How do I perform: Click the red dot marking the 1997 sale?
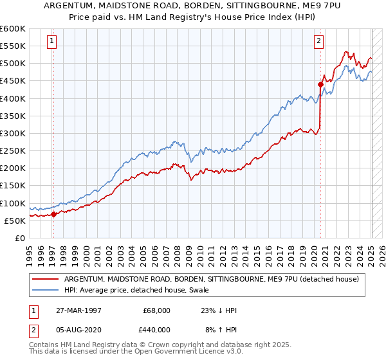(53, 215)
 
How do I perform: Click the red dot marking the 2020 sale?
(320, 84)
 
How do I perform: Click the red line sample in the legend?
(46, 278)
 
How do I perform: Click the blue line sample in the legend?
(46, 289)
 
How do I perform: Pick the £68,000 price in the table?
(156, 310)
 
